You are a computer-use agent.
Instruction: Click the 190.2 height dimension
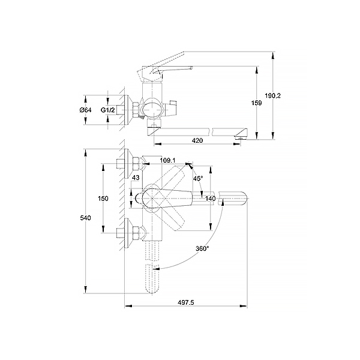(272, 95)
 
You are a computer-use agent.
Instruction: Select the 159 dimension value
(256, 103)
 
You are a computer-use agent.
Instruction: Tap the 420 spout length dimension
(197, 140)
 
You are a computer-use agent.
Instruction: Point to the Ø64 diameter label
(85, 110)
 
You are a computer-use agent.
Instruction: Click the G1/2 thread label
(107, 110)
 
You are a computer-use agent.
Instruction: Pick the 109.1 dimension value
(167, 160)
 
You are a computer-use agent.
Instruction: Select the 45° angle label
(198, 178)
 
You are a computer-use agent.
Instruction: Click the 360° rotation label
(202, 248)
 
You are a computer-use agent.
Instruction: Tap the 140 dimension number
(211, 199)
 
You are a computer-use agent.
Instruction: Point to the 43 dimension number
(136, 178)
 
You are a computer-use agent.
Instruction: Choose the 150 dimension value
(103, 199)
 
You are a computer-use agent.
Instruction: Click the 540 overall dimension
(85, 218)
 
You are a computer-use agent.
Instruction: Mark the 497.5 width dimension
(186, 302)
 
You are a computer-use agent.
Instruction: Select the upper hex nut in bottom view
(136, 163)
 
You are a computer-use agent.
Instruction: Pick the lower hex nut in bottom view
(136, 233)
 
